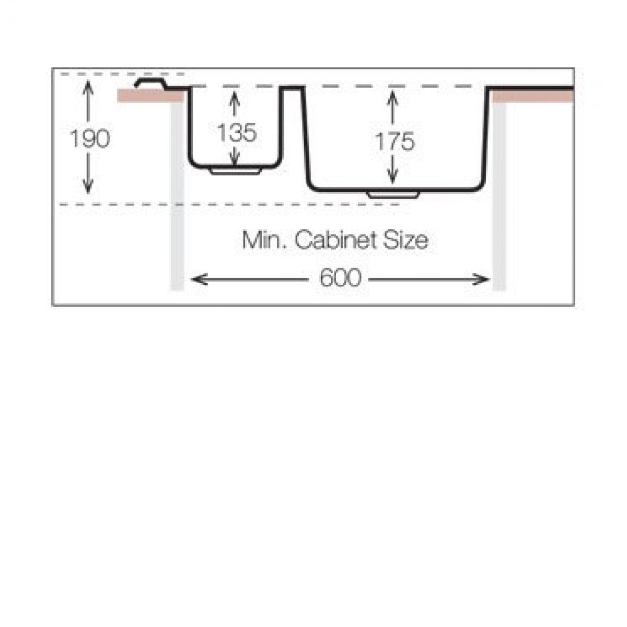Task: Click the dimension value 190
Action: pos(90,138)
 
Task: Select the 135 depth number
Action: pos(237,133)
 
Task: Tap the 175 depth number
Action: pos(394,141)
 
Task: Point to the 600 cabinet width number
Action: pos(340,277)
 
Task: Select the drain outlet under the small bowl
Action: pos(236,171)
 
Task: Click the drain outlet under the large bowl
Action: pos(393,195)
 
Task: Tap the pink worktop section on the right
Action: pos(533,96)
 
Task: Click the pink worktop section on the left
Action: pos(151,96)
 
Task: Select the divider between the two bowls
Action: pos(292,88)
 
